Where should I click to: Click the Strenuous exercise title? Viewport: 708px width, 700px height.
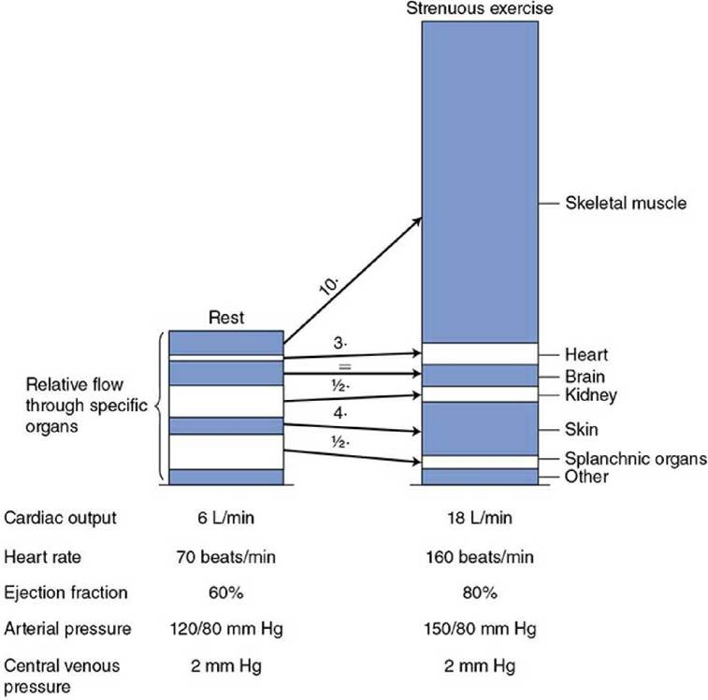(x=480, y=8)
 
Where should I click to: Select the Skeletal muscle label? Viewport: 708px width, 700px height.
(x=626, y=203)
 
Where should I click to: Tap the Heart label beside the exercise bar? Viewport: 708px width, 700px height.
(x=586, y=355)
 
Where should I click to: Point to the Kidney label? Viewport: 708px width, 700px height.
(x=590, y=395)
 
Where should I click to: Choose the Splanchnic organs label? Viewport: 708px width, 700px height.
(x=636, y=459)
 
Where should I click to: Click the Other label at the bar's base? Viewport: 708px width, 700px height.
(x=586, y=477)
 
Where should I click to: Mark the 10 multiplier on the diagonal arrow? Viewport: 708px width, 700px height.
(x=329, y=286)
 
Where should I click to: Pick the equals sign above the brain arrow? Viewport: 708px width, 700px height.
(x=344, y=367)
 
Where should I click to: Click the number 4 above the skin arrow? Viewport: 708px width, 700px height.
(x=340, y=413)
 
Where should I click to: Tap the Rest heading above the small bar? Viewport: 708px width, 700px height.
(x=226, y=318)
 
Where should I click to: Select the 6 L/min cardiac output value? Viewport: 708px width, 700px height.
(x=225, y=518)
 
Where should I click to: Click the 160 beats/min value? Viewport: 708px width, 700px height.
(x=480, y=557)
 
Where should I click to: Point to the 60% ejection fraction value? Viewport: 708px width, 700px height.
(x=225, y=593)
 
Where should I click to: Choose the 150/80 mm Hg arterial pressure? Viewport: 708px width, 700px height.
(x=480, y=629)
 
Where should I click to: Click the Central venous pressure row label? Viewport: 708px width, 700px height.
(x=62, y=676)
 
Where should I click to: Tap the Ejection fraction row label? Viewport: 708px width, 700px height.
(x=65, y=593)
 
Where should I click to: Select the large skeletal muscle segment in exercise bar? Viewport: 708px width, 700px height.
(x=480, y=182)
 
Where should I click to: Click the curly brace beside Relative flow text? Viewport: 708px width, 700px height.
(x=159, y=407)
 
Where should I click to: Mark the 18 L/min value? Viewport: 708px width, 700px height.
(x=480, y=518)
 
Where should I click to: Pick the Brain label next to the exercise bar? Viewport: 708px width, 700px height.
(x=585, y=377)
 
